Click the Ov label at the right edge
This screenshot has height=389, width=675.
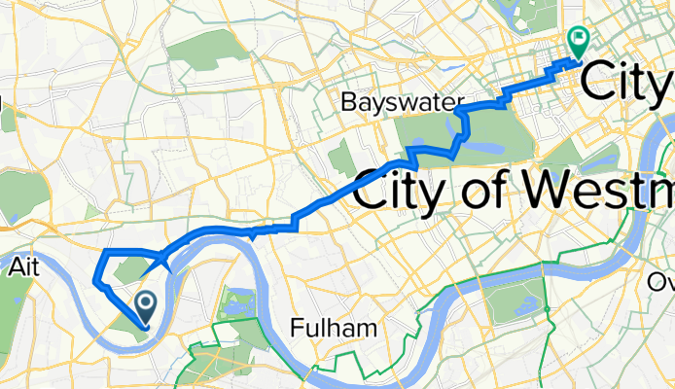click(662, 281)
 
